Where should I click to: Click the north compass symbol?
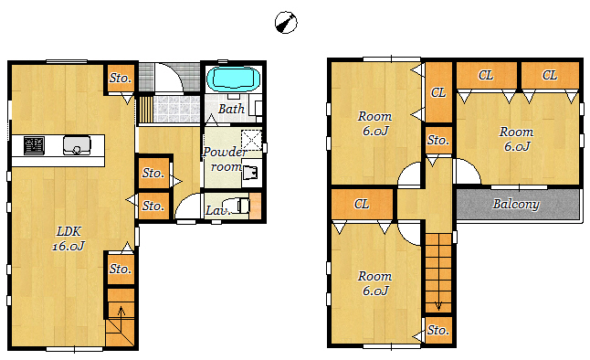(286, 23)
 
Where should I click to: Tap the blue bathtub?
(233, 79)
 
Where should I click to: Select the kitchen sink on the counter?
(77, 145)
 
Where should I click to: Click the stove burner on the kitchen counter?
(34, 145)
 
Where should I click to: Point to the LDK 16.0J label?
(68, 238)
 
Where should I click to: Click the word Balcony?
(516, 204)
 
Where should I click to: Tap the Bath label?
(231, 109)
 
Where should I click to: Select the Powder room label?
(225, 159)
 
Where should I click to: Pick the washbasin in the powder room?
(251, 173)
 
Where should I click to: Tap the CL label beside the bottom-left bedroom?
(362, 204)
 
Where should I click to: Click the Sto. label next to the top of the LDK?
(121, 78)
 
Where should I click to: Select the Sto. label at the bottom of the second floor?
(438, 330)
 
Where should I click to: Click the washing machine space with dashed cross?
(251, 140)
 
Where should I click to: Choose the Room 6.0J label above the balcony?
(517, 139)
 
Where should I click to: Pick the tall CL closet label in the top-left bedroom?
(438, 92)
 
